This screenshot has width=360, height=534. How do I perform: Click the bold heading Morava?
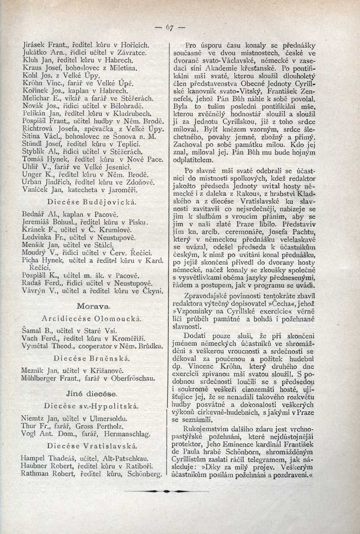coord(92,306)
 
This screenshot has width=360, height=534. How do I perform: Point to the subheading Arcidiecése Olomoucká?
coord(92,319)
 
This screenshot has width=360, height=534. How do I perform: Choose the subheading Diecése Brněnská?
coord(92,358)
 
